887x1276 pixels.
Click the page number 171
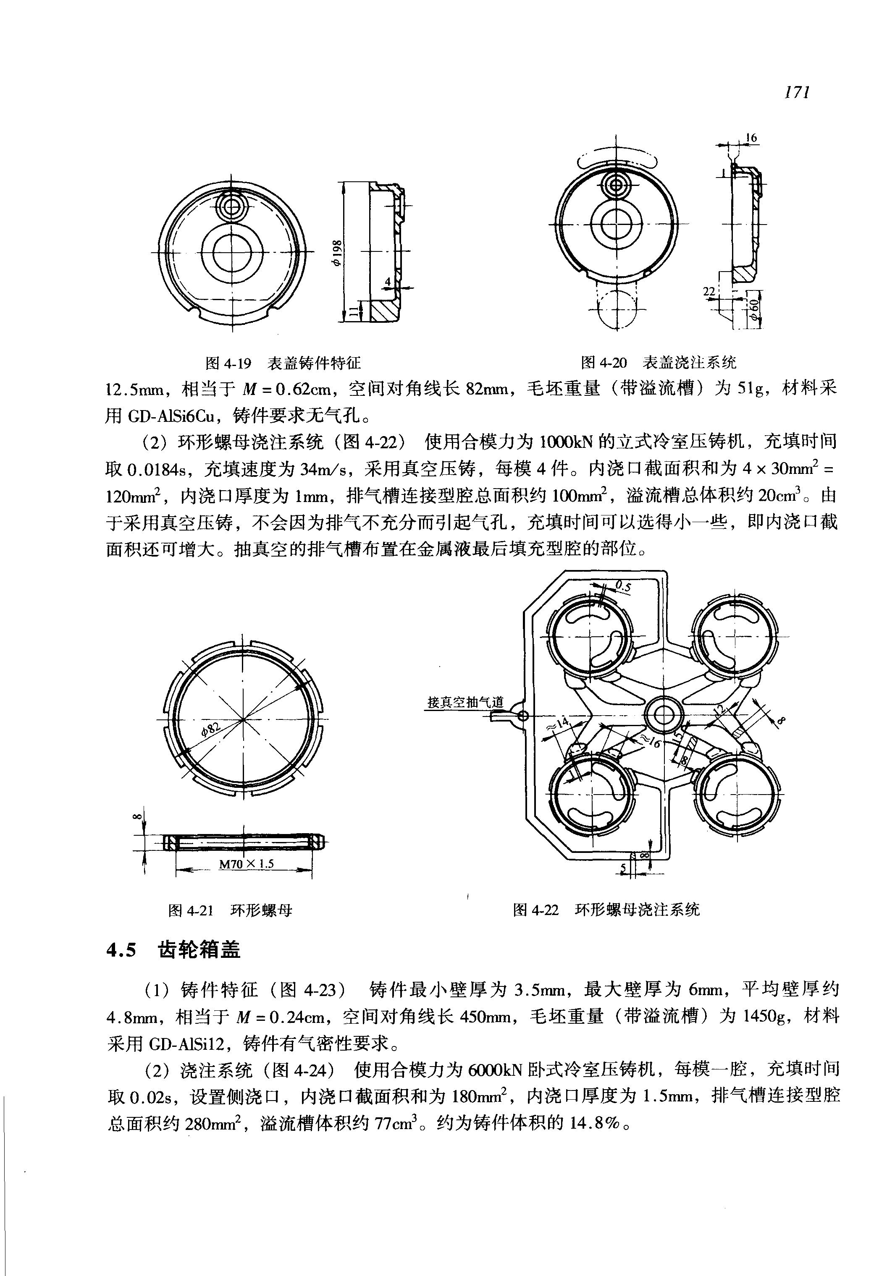click(x=796, y=92)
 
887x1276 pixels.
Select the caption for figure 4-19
click(x=283, y=363)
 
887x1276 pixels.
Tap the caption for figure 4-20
click(x=658, y=363)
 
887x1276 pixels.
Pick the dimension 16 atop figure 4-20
click(x=751, y=138)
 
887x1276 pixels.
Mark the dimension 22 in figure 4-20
click(x=709, y=292)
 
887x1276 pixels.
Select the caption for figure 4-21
click(x=230, y=910)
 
